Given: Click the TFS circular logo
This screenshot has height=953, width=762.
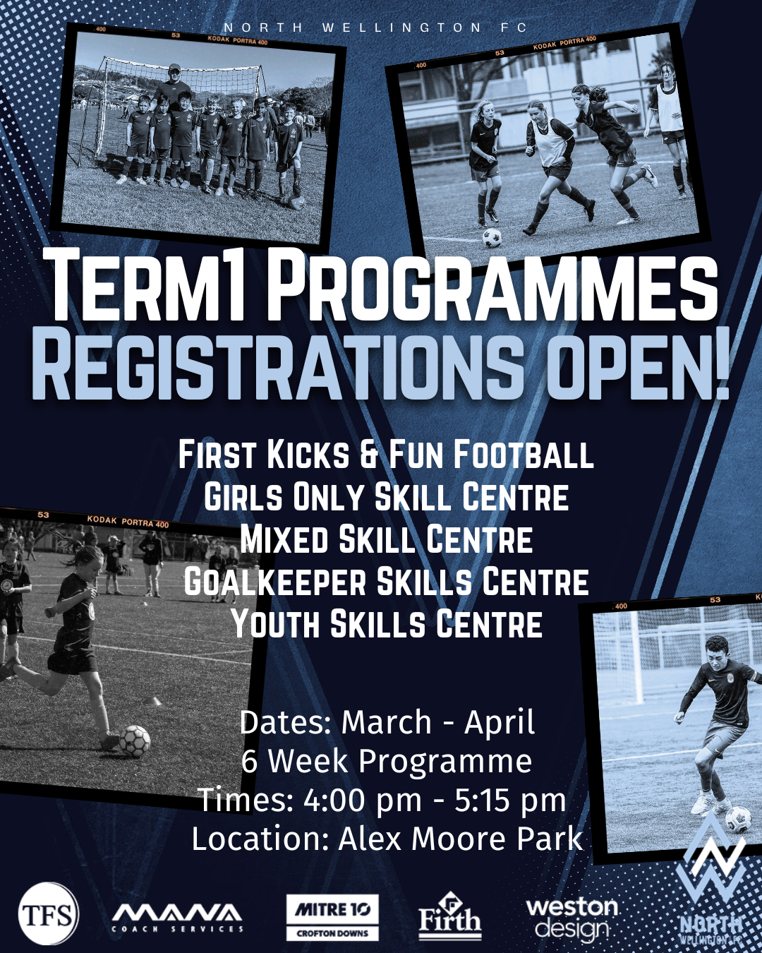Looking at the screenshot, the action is pyautogui.click(x=48, y=913).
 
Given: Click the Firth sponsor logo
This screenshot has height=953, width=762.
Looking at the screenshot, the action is pyautogui.click(x=450, y=915).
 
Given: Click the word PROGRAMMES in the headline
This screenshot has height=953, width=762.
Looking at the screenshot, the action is pyautogui.click(x=493, y=289).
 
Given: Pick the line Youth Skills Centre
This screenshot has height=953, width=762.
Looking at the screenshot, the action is pyautogui.click(x=386, y=623).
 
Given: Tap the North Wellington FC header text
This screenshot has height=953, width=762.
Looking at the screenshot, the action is pyautogui.click(x=375, y=28).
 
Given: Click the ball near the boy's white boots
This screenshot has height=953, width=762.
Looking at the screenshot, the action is pyautogui.click(x=739, y=820).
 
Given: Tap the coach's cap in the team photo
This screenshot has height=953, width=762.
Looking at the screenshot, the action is pyautogui.click(x=175, y=67).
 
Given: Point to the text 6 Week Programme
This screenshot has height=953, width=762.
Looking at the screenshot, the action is pyautogui.click(x=386, y=761).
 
